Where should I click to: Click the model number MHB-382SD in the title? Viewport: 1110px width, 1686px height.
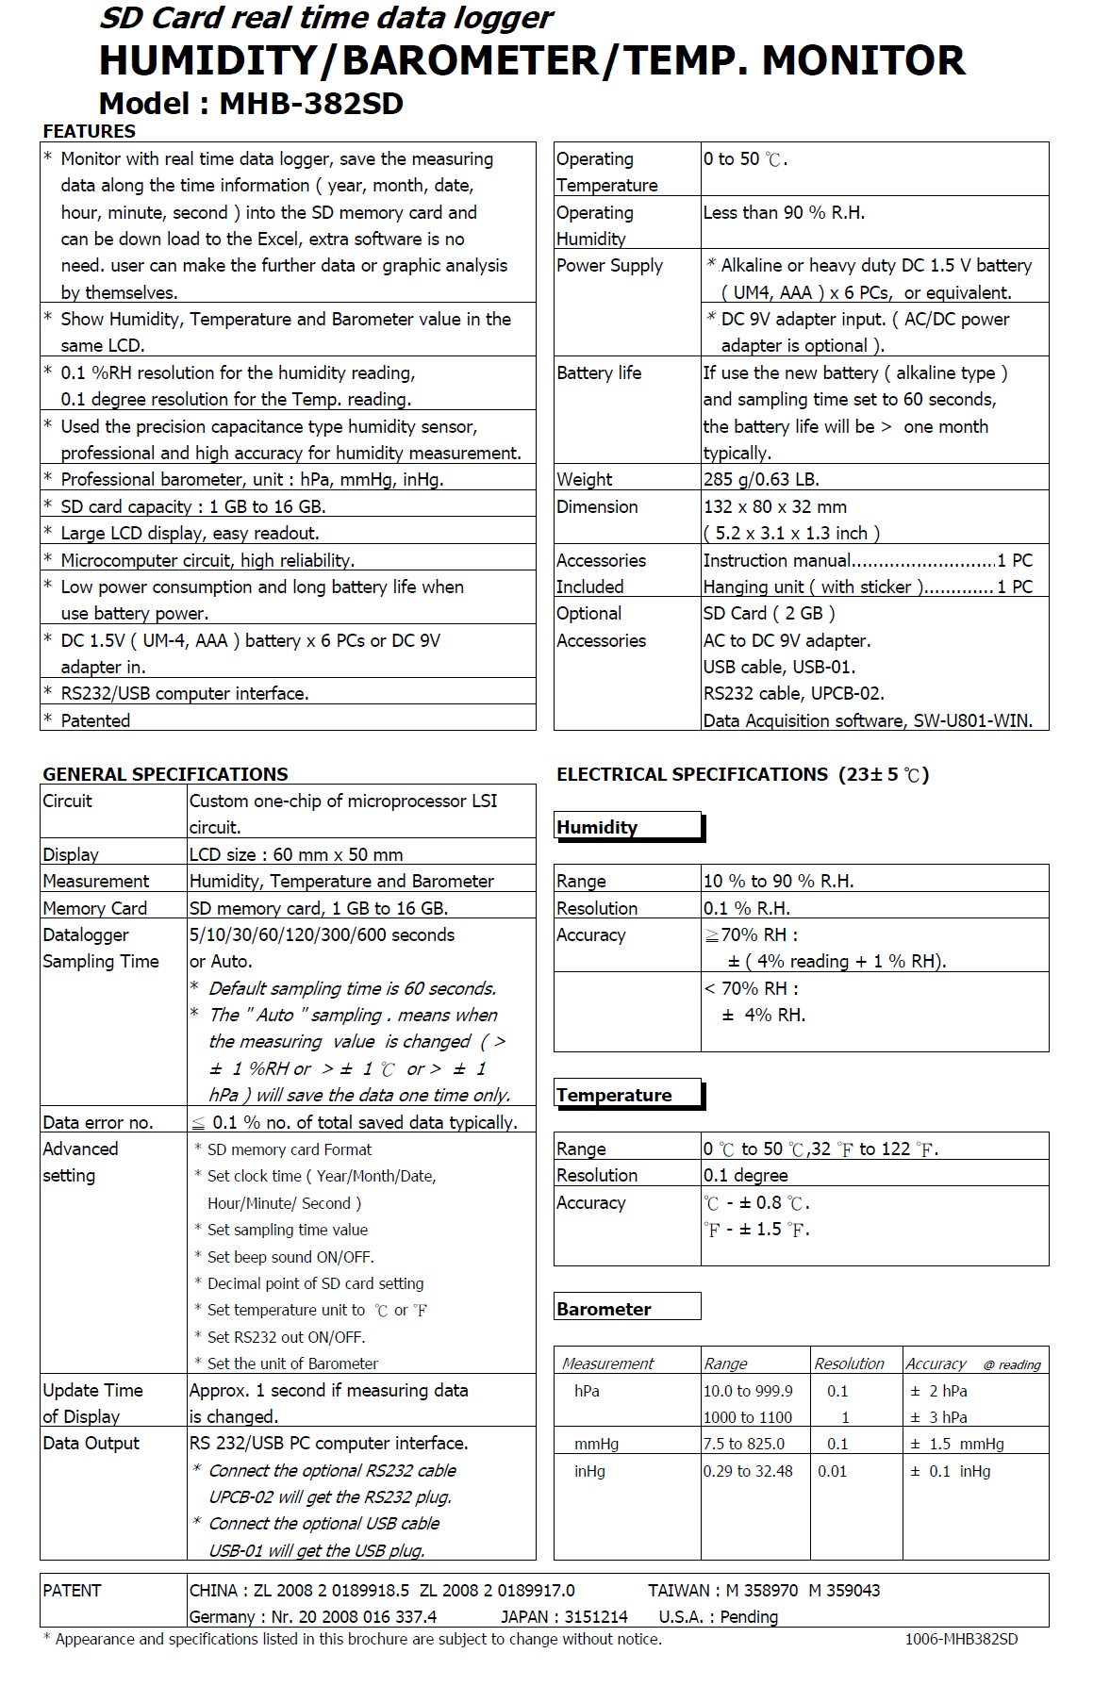310,103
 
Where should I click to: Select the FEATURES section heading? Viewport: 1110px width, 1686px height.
89,131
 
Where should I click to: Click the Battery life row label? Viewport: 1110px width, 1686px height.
599,372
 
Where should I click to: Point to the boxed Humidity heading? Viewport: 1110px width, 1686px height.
598,827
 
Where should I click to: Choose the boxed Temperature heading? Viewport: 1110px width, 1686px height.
614,1095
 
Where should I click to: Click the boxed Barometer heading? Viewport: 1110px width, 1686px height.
604,1309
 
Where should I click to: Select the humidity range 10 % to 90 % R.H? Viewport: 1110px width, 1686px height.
778,881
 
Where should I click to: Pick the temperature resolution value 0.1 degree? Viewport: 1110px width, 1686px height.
745,1175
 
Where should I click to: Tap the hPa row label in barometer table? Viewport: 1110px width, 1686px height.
587,1391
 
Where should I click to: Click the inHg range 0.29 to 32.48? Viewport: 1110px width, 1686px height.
748,1471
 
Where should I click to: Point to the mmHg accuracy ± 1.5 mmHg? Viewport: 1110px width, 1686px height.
956,1444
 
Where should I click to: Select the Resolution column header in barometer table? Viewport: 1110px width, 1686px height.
849,1364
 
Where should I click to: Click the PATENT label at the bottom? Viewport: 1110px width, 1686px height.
72,1590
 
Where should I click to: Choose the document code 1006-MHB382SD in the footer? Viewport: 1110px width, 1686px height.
961,1639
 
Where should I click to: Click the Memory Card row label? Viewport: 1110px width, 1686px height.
94,908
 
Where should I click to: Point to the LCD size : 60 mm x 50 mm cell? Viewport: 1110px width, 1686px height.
296,854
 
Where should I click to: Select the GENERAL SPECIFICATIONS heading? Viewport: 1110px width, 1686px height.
165,774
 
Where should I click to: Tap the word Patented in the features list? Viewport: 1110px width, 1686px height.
95,720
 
